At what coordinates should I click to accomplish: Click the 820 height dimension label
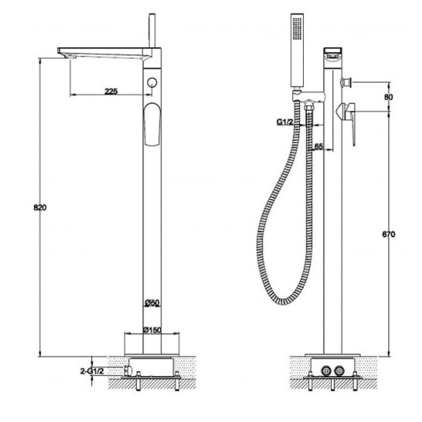pyautogui.click(x=41, y=207)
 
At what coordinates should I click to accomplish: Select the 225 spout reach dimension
pyautogui.click(x=111, y=91)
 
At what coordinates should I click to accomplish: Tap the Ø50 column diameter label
pyautogui.click(x=152, y=303)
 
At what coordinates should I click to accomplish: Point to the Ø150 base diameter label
pyautogui.click(x=152, y=330)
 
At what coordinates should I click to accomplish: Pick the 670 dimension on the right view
pyautogui.click(x=388, y=234)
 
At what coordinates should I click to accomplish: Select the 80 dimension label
pyautogui.click(x=389, y=97)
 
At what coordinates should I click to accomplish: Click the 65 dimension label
pyautogui.click(x=318, y=147)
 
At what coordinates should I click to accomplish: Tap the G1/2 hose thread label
pyautogui.click(x=286, y=122)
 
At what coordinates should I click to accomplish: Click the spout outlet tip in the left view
pyautogui.click(x=65, y=53)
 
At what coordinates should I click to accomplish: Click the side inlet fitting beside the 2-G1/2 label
pyautogui.click(x=127, y=370)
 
